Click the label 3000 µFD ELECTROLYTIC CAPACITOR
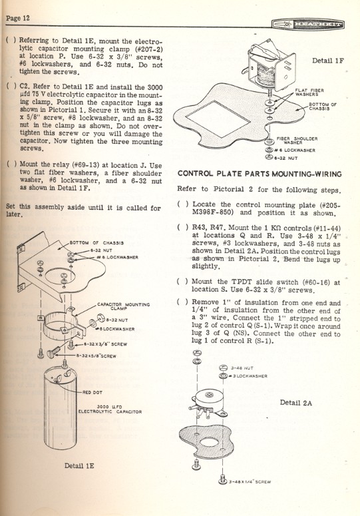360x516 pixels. coord(110,409)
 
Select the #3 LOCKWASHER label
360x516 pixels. coord(248,376)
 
